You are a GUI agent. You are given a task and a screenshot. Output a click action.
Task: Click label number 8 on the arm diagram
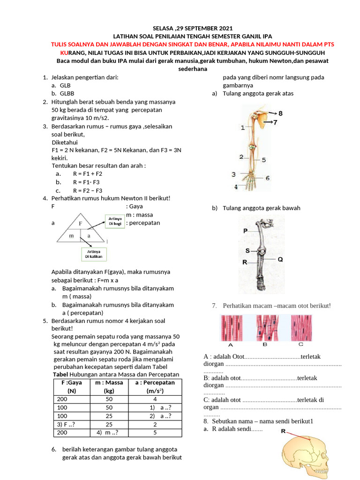point(280,113)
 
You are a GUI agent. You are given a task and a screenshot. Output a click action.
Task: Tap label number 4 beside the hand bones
point(236,187)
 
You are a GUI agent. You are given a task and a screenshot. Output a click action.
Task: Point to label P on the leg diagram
point(245,231)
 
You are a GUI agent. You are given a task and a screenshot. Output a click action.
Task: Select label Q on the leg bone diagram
point(280,259)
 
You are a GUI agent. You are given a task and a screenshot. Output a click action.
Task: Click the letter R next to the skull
point(283,432)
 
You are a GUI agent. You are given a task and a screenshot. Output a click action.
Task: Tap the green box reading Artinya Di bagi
point(115,221)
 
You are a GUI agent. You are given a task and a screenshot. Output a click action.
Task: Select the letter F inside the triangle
point(81,224)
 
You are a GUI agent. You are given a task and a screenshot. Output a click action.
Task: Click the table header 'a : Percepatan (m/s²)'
point(155,386)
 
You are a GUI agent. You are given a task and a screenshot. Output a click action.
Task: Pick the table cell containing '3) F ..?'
point(72,424)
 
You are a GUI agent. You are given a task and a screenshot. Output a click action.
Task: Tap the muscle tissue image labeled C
point(301,328)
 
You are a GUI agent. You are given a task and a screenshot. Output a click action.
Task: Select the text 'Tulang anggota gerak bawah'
point(262,208)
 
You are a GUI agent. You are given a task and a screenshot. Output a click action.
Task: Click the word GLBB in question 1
point(67,94)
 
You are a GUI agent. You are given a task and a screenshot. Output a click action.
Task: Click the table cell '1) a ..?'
point(155,407)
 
